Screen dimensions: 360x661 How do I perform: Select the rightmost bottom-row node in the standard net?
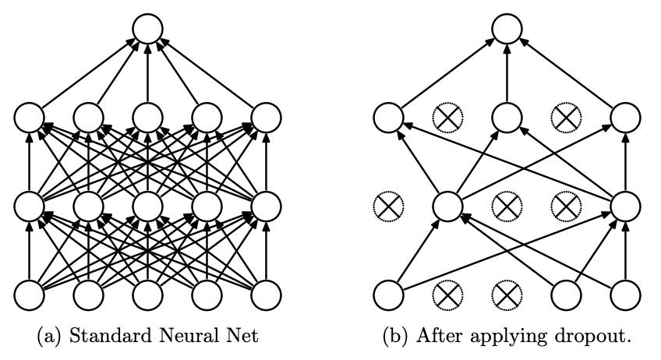tap(266, 295)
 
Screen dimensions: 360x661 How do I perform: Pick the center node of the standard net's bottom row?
tap(147, 295)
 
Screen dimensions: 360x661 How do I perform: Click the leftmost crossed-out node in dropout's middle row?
tap(387, 206)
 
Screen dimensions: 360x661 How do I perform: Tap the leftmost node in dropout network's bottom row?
tap(387, 295)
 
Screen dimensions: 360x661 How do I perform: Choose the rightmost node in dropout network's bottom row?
tap(626, 295)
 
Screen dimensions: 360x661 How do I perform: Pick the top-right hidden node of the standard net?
tap(266, 118)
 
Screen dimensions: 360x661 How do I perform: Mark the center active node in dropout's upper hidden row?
tap(507, 118)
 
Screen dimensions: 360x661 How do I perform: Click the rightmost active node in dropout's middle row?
tap(626, 206)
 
